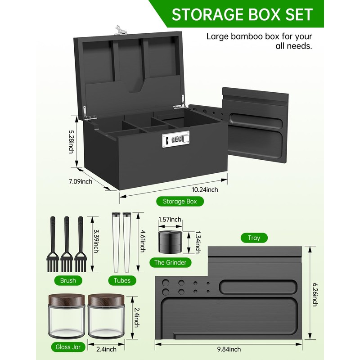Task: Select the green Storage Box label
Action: coord(180,201)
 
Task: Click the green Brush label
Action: coord(68,280)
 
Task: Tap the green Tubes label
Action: coord(122,280)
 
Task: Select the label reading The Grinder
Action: coord(170,262)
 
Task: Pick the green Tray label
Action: coord(254,238)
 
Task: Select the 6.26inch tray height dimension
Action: coord(316,292)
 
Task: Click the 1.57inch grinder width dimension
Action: coord(170,220)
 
